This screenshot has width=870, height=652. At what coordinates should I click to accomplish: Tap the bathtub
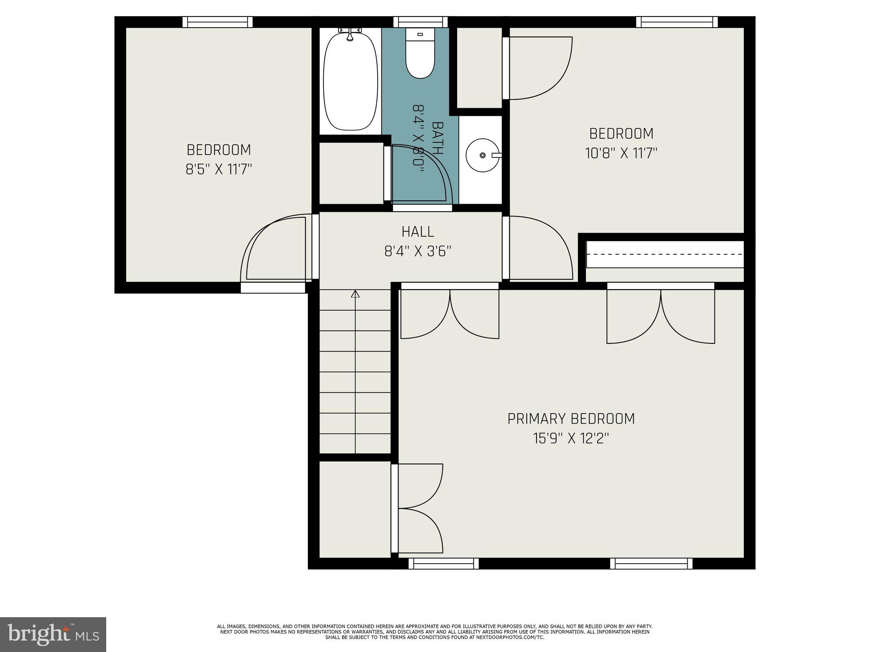pyautogui.click(x=350, y=83)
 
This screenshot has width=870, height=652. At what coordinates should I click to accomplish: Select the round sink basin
pyautogui.click(x=483, y=155)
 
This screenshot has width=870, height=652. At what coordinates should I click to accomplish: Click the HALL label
pyautogui.click(x=418, y=232)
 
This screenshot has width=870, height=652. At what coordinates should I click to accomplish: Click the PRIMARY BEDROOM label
pyautogui.click(x=571, y=419)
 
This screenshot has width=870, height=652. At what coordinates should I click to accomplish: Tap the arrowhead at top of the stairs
pyautogui.click(x=355, y=294)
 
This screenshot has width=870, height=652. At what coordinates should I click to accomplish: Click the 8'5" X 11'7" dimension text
pyautogui.click(x=219, y=170)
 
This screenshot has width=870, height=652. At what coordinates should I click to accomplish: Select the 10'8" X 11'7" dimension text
pyautogui.click(x=621, y=153)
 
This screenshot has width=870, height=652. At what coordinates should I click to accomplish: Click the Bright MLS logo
pyautogui.click(x=53, y=634)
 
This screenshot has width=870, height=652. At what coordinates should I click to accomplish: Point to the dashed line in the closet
pyautogui.click(x=665, y=254)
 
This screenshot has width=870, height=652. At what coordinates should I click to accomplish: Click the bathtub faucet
pyautogui.click(x=350, y=34)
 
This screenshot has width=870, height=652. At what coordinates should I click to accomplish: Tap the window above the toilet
pyautogui.click(x=420, y=22)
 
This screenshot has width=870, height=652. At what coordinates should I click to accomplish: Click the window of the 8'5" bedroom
pyautogui.click(x=217, y=22)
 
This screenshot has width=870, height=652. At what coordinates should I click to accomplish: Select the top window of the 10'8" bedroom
pyautogui.click(x=677, y=22)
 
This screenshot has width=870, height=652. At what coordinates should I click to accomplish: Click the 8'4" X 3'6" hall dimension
pyautogui.click(x=418, y=252)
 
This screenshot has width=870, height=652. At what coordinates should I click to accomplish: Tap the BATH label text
pyautogui.click(x=437, y=138)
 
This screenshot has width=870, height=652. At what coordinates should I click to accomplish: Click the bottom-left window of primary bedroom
pyautogui.click(x=443, y=563)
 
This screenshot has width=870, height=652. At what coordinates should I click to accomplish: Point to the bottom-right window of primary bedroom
pyautogui.click(x=651, y=563)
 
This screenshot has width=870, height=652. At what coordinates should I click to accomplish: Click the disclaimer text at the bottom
pyautogui.click(x=435, y=632)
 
